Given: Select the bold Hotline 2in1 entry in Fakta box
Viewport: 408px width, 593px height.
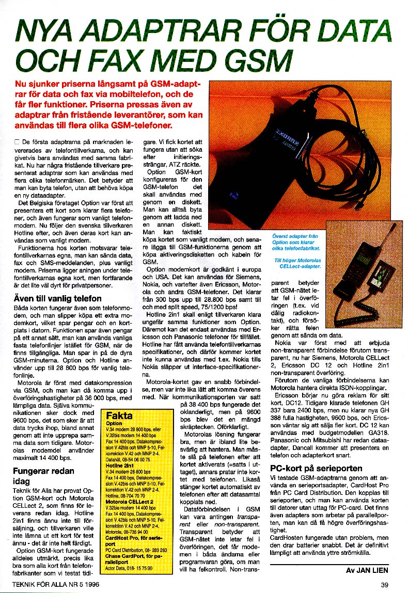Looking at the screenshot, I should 120,465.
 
